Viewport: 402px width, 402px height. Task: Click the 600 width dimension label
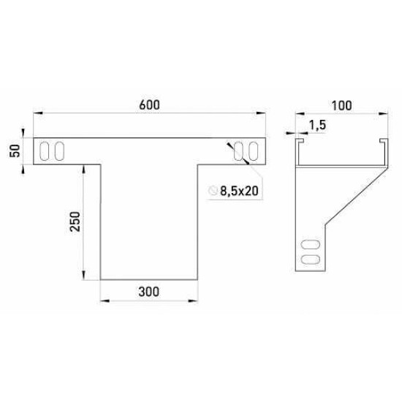coord(149,105)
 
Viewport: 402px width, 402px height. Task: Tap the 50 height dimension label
coord(15,151)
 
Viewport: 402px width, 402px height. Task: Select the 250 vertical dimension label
coord(75,221)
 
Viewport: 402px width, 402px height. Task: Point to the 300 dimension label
coord(148,292)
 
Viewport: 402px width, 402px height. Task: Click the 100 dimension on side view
coord(342,106)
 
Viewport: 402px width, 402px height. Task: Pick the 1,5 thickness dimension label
coord(317,125)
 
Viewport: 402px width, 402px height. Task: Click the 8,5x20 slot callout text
coord(239,191)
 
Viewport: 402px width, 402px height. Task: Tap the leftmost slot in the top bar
coord(44,151)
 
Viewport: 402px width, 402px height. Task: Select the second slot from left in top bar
coord(59,151)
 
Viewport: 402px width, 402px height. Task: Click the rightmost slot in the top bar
coord(254,151)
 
